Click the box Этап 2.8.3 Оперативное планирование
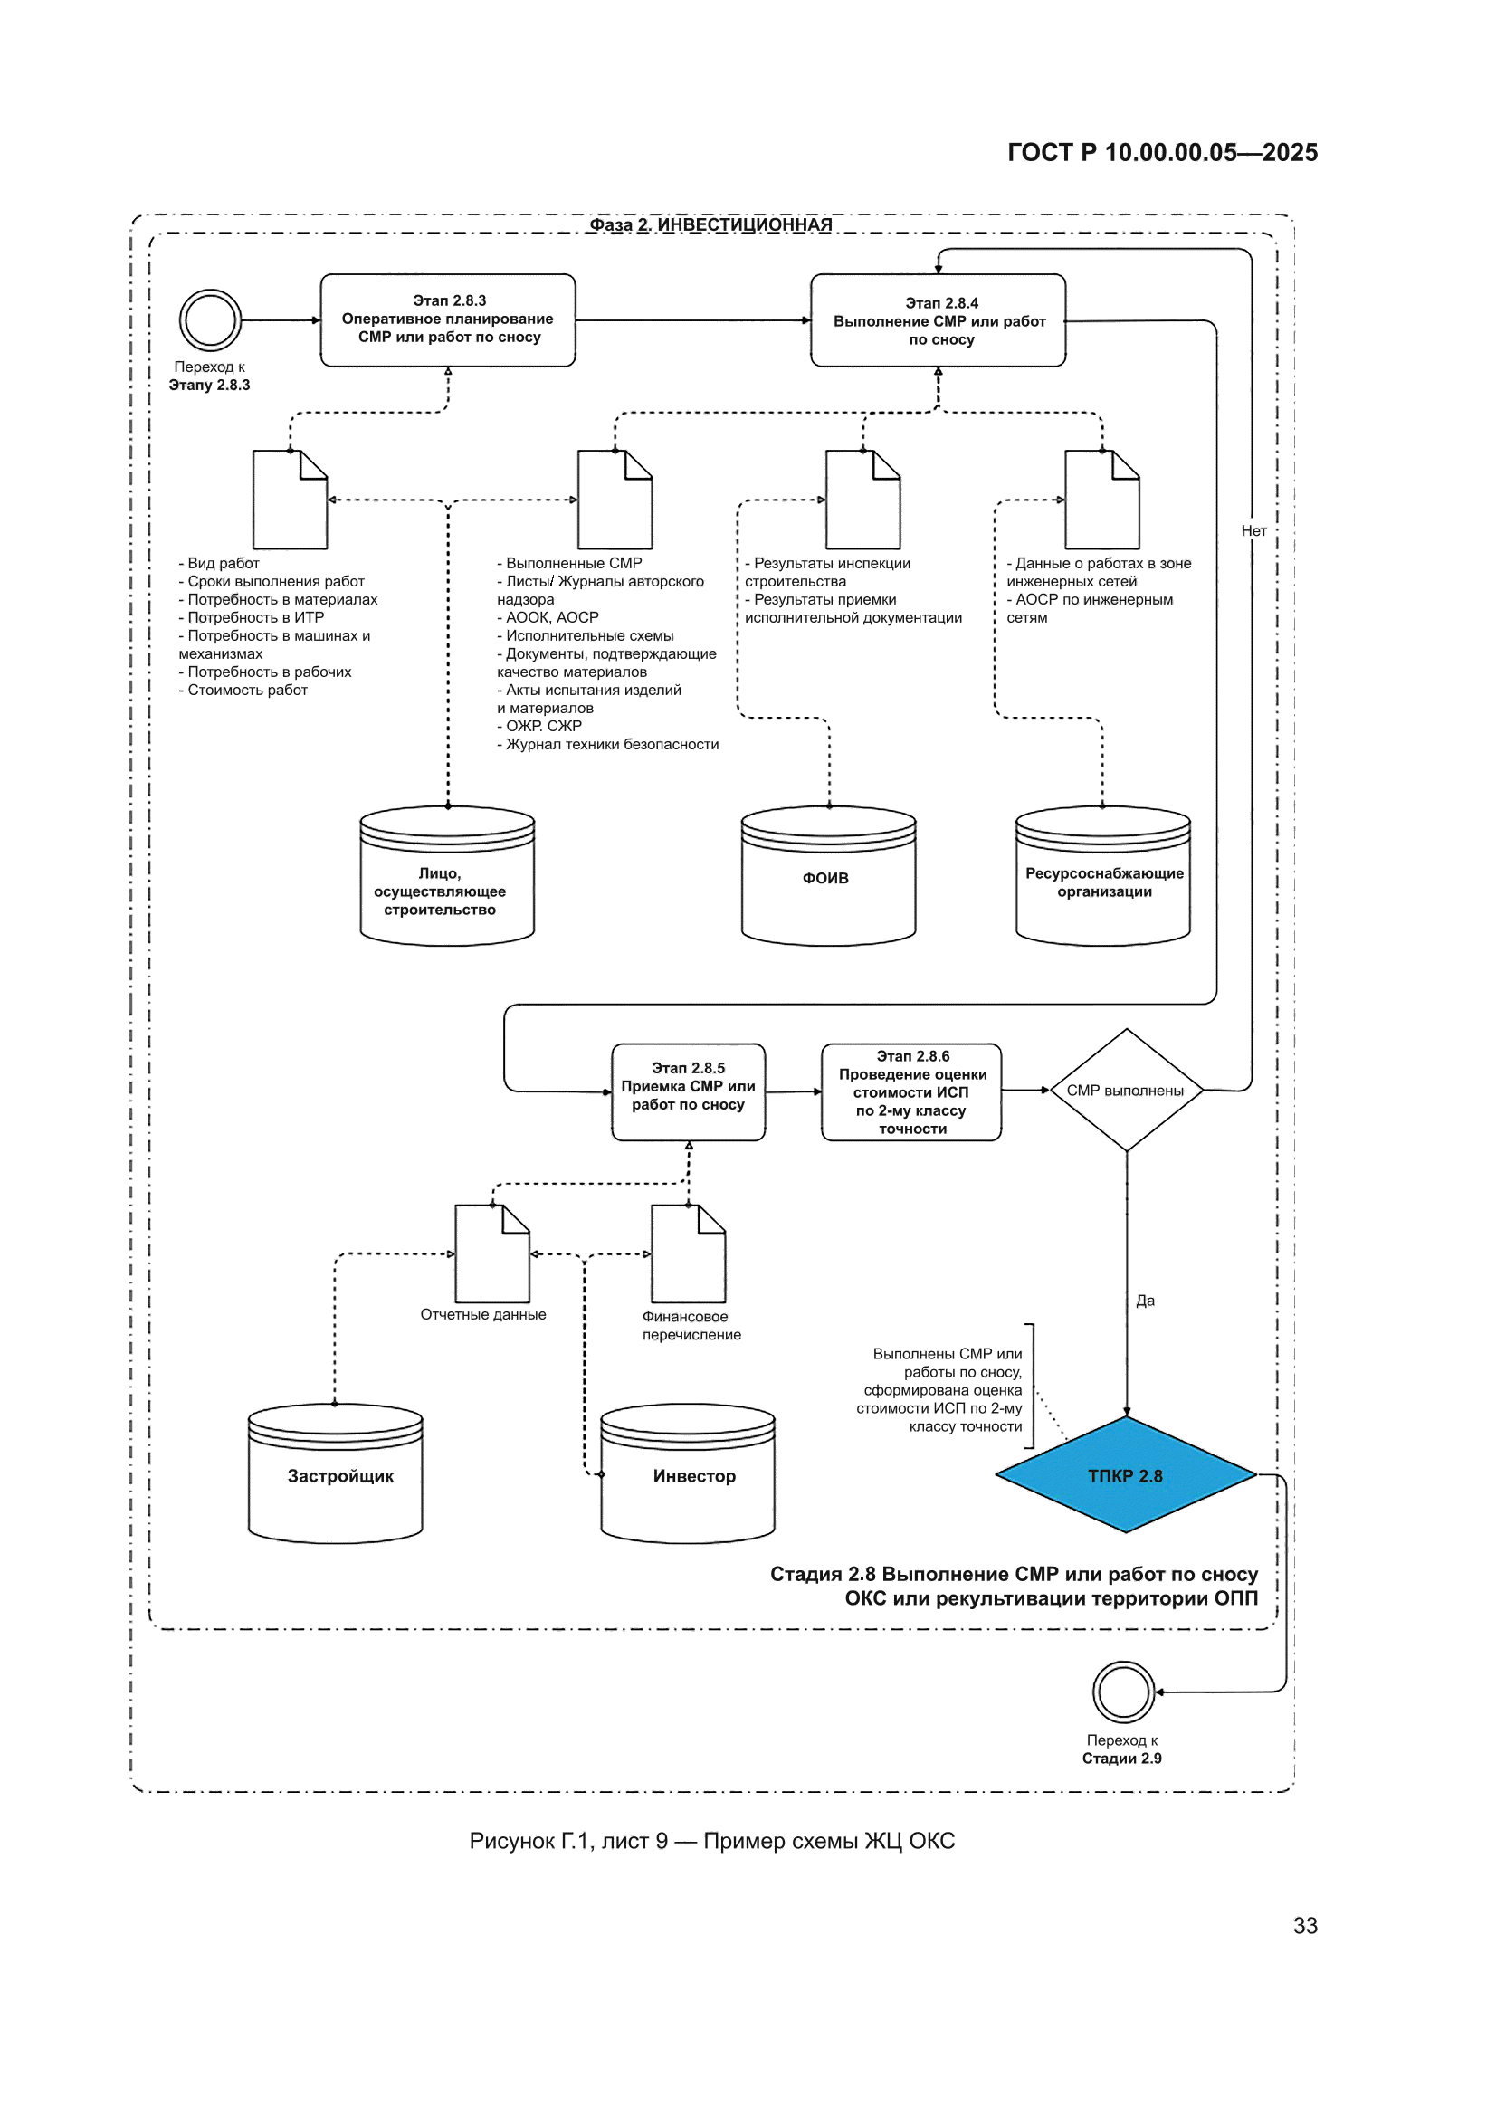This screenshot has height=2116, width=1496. tap(448, 319)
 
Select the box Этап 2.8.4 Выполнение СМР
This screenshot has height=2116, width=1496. tap(939, 319)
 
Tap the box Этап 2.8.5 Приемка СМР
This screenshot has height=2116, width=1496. tap(689, 1092)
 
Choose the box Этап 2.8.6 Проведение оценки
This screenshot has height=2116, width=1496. tap(911, 1092)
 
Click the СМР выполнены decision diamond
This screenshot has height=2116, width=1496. tap(1127, 1091)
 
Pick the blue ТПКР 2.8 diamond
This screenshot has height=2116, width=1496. tap(1127, 1474)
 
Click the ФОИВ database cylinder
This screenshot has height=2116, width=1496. tap(829, 876)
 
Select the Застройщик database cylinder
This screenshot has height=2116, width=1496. tap(336, 1473)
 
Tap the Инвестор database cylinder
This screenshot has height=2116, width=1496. tap(688, 1473)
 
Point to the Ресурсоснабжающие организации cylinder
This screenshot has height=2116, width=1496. tap(1103, 876)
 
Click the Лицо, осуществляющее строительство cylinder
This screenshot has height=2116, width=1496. tap(447, 876)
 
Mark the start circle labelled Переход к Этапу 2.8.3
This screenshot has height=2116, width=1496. tap(210, 319)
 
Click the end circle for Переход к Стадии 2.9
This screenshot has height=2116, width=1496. tap(1124, 1692)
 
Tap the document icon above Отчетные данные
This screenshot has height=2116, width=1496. tap(492, 1253)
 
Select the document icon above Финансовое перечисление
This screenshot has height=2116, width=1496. tap(689, 1253)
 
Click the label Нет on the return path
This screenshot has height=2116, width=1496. tap(1253, 531)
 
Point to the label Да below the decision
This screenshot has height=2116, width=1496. tap(1145, 1301)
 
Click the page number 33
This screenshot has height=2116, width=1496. tap(1305, 1925)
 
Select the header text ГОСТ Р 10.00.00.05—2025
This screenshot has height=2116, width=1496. tap(1162, 152)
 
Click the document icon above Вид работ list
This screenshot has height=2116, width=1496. tap(291, 500)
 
